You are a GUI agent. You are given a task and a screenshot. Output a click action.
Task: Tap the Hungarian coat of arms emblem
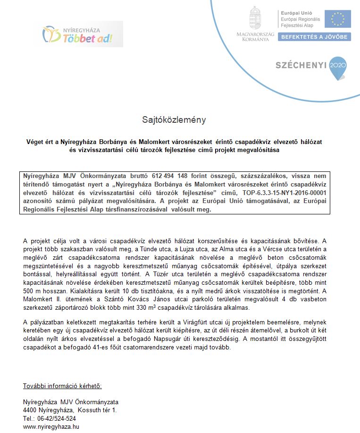point(255,18)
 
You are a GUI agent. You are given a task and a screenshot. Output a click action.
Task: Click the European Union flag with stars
point(338,19)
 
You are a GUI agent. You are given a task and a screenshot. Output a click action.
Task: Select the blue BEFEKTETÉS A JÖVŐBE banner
point(314,37)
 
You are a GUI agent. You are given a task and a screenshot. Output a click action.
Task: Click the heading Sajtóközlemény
point(174,120)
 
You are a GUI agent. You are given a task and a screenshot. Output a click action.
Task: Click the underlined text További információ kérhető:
point(62,386)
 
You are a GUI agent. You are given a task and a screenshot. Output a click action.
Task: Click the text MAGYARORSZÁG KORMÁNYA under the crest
point(255,37)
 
